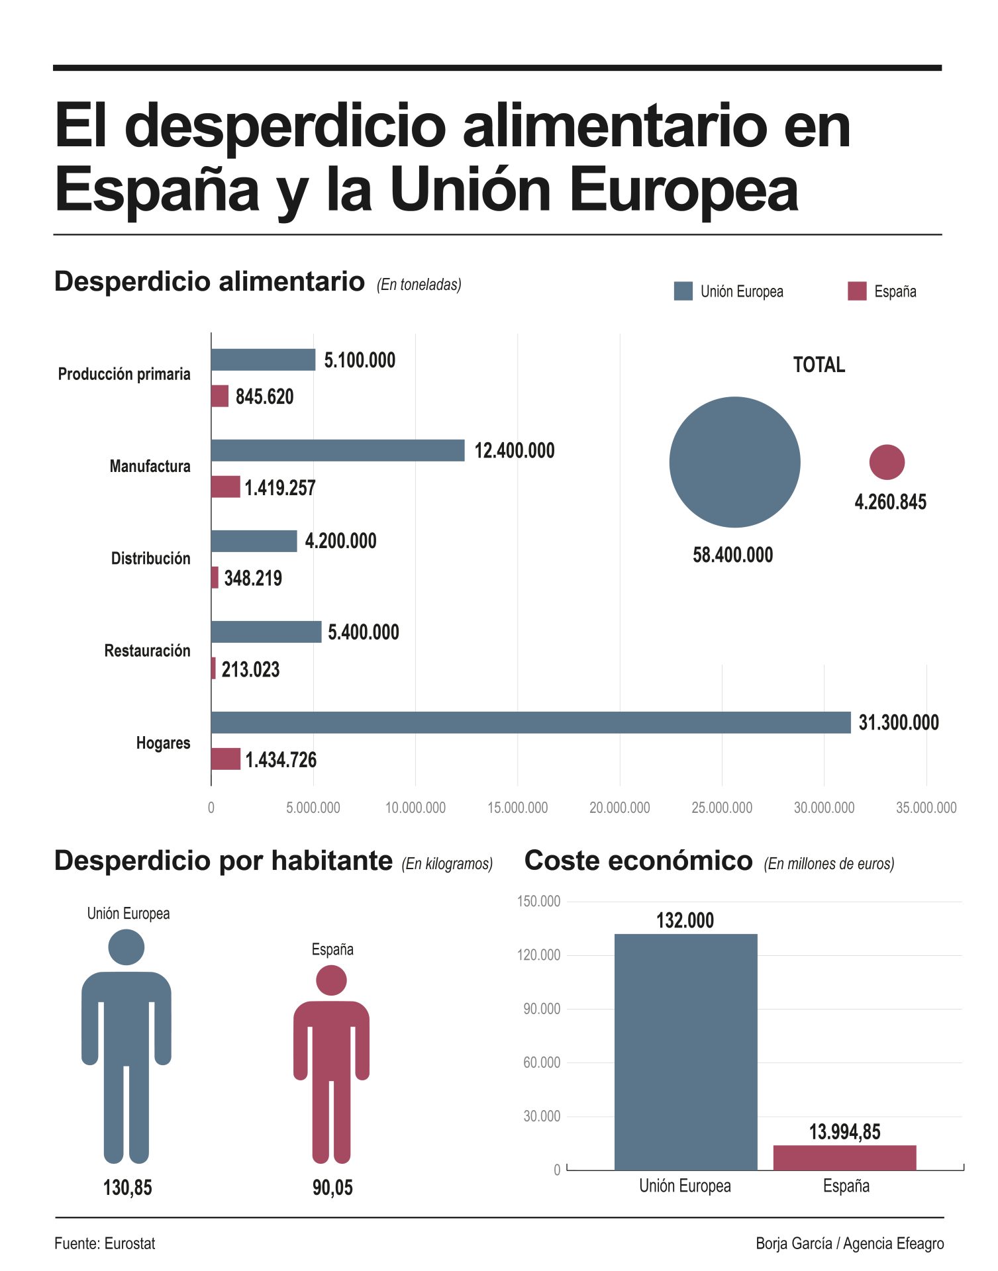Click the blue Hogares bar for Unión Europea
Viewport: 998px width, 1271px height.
pos(530,722)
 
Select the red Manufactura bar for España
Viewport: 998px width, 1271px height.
pos(225,487)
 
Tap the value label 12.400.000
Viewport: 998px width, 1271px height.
pos(514,451)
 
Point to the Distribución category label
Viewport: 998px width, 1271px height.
pos(150,558)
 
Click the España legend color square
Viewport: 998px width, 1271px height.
pos(856,291)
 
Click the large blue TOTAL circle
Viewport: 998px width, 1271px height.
pos(734,461)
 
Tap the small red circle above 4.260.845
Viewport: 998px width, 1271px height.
pos(886,461)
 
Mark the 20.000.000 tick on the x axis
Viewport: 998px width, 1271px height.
pos(619,808)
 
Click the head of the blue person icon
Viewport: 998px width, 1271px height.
pos(126,947)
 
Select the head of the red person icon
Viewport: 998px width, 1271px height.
pos(331,980)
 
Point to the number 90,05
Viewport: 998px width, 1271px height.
pos(332,1188)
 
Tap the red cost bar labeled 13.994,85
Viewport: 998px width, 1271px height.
pos(844,1157)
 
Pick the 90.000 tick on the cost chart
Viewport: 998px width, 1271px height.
pos(541,1009)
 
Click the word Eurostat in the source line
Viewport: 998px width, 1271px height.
pos(130,1244)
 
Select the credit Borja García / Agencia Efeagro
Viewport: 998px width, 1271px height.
pos(849,1244)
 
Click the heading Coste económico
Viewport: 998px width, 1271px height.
pos(638,861)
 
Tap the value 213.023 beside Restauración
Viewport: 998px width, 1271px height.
pos(250,669)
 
